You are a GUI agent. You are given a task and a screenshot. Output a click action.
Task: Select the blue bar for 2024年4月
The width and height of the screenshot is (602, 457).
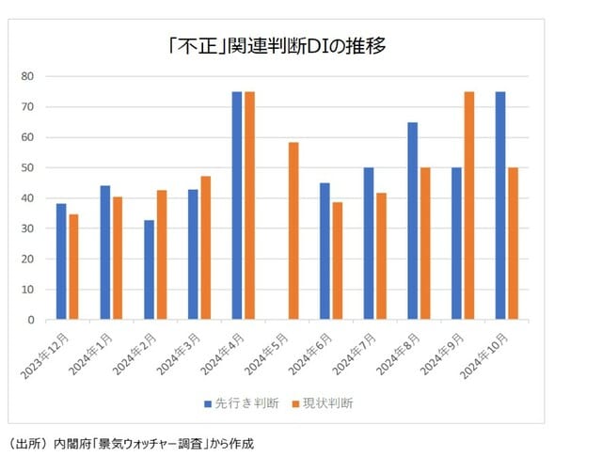click(237, 205)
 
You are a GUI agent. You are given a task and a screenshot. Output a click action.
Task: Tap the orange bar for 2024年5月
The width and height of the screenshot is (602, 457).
click(293, 230)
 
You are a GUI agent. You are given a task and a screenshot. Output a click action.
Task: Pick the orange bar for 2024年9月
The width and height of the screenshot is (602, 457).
click(469, 205)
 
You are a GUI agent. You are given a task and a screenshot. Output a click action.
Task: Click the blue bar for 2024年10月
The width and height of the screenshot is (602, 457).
click(500, 205)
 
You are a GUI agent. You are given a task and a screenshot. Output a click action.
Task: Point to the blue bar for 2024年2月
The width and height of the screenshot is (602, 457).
click(149, 270)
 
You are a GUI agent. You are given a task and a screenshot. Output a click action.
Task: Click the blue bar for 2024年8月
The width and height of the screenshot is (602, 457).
click(413, 220)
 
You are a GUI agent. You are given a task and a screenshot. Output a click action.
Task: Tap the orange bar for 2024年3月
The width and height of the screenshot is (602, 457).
click(206, 247)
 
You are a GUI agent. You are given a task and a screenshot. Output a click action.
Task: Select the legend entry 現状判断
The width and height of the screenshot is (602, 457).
click(321, 403)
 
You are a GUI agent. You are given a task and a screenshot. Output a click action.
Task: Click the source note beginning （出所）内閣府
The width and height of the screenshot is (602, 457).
click(131, 442)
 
